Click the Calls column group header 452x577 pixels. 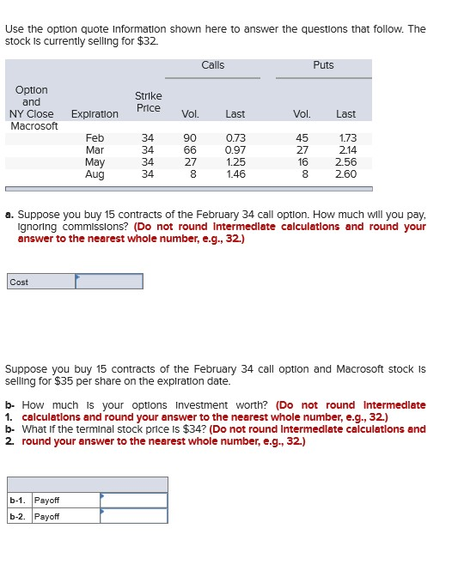(213, 65)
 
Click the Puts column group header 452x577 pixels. (323, 65)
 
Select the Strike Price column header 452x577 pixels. (148, 101)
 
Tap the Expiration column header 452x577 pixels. (95, 113)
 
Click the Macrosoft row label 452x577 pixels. (34, 126)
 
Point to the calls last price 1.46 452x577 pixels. (235, 174)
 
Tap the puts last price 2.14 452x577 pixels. (346, 150)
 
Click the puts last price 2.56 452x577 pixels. (346, 162)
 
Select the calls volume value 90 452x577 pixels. (190, 138)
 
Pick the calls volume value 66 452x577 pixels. (190, 150)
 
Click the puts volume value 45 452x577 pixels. (302, 138)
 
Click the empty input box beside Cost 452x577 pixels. (109, 282)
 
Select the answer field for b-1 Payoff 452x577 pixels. (133, 500)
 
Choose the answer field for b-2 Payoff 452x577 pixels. (133, 516)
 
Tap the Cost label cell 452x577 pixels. (40, 282)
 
